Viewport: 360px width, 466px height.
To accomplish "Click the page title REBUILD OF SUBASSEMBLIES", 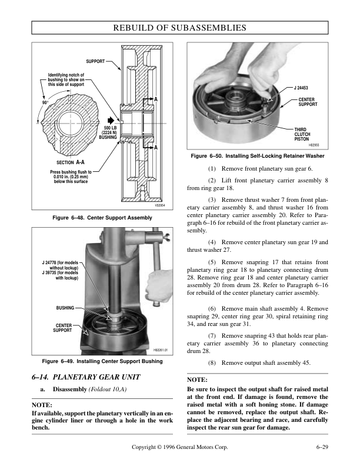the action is point(179,28).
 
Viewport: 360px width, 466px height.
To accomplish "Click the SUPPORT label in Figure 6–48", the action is point(95,61).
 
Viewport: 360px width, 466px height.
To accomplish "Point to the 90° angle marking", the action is point(45,102).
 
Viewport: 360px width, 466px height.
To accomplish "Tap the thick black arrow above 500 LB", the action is point(111,121).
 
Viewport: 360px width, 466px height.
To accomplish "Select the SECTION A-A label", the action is point(71,162).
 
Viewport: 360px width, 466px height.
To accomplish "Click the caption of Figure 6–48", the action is point(102,218).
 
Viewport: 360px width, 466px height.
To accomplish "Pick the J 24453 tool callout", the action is point(301,88).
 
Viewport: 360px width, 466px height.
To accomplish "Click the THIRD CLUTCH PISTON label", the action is point(302,134).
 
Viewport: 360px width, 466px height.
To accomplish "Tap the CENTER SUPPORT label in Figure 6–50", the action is point(308,102).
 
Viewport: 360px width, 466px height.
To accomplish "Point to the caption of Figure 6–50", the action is point(258,156).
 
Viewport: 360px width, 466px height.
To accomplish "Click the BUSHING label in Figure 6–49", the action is point(65,308).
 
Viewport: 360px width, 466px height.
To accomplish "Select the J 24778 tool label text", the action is point(61,265).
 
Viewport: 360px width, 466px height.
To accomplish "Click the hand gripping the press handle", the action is point(159,287).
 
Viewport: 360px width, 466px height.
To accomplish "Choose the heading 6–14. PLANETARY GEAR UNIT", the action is point(86,377).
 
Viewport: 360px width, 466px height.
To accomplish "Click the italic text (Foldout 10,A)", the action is point(108,389).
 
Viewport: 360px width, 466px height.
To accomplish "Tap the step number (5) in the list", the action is point(212,262).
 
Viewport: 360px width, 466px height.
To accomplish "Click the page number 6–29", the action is point(322,447).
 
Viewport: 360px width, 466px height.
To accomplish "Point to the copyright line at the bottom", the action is point(179,447).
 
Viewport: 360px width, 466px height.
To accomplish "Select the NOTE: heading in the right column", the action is point(197,380).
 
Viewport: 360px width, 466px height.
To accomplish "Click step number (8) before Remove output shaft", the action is point(212,363).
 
